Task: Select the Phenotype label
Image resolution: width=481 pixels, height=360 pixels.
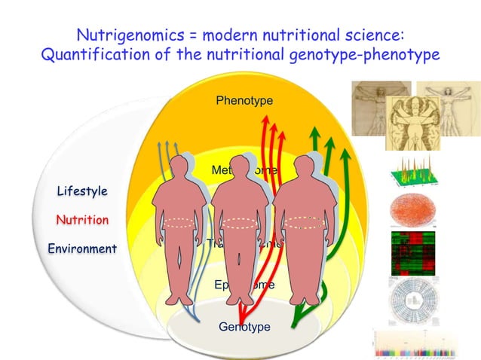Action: [x=244, y=100]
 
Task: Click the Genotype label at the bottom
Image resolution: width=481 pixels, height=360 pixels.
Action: [x=244, y=326]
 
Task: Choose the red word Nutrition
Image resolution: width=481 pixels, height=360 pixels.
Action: [x=82, y=220]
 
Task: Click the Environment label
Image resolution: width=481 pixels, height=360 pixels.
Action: [x=81, y=249]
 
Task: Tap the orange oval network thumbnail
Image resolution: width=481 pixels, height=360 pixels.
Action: [x=410, y=212]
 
